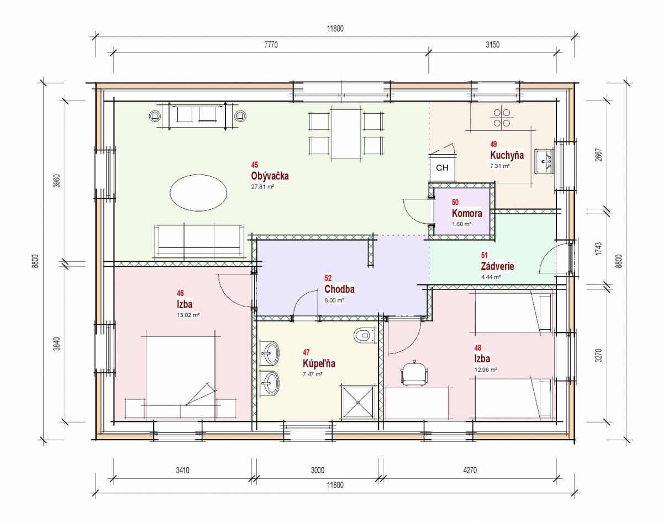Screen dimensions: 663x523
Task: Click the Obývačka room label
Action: click(x=270, y=176)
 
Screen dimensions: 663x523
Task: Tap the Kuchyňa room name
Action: click(x=507, y=155)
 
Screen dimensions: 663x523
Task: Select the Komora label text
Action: click(x=467, y=213)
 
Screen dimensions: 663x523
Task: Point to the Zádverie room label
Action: click(x=497, y=266)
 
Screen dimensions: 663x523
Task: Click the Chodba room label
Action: click(x=339, y=289)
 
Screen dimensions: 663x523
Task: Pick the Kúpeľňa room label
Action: click(x=319, y=363)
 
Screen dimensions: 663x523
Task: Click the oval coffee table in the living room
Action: click(x=198, y=193)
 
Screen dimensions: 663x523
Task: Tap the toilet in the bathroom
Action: click(x=365, y=335)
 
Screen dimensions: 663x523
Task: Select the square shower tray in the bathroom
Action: click(x=358, y=402)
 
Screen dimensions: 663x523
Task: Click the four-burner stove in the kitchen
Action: click(x=502, y=118)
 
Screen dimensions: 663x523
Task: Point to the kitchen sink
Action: click(x=545, y=161)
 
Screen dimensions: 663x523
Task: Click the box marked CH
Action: click(x=442, y=168)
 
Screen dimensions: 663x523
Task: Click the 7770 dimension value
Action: click(x=271, y=45)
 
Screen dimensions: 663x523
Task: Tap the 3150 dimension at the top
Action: click(x=493, y=45)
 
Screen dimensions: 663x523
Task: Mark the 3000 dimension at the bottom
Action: click(x=317, y=471)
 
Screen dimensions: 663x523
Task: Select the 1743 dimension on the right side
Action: click(x=598, y=249)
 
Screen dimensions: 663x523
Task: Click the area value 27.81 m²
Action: click(x=262, y=187)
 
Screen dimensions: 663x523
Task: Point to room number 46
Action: click(x=180, y=293)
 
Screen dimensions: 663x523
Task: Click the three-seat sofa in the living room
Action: click(x=199, y=240)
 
